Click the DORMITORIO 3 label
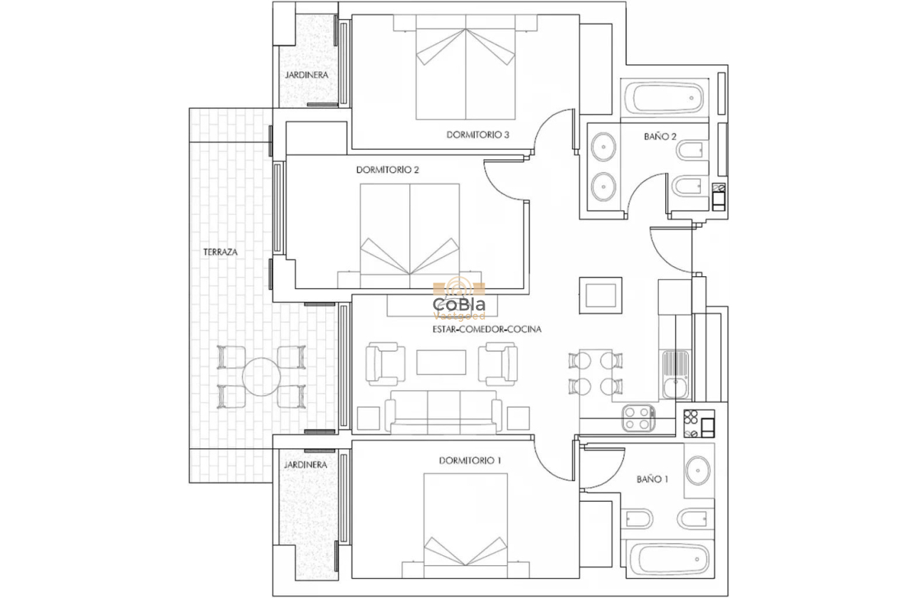[478, 135]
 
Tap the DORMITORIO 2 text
[387, 170]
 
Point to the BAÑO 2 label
[660, 136]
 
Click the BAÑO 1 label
[652, 479]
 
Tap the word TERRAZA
[220, 252]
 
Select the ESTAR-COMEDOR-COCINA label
[487, 330]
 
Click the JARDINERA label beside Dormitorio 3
[307, 74]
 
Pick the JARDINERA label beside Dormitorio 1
[305, 464]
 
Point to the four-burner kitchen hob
[638, 418]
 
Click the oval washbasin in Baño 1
[697, 471]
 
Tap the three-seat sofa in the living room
[443, 412]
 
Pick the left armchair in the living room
[384, 363]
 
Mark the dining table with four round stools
[596, 373]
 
